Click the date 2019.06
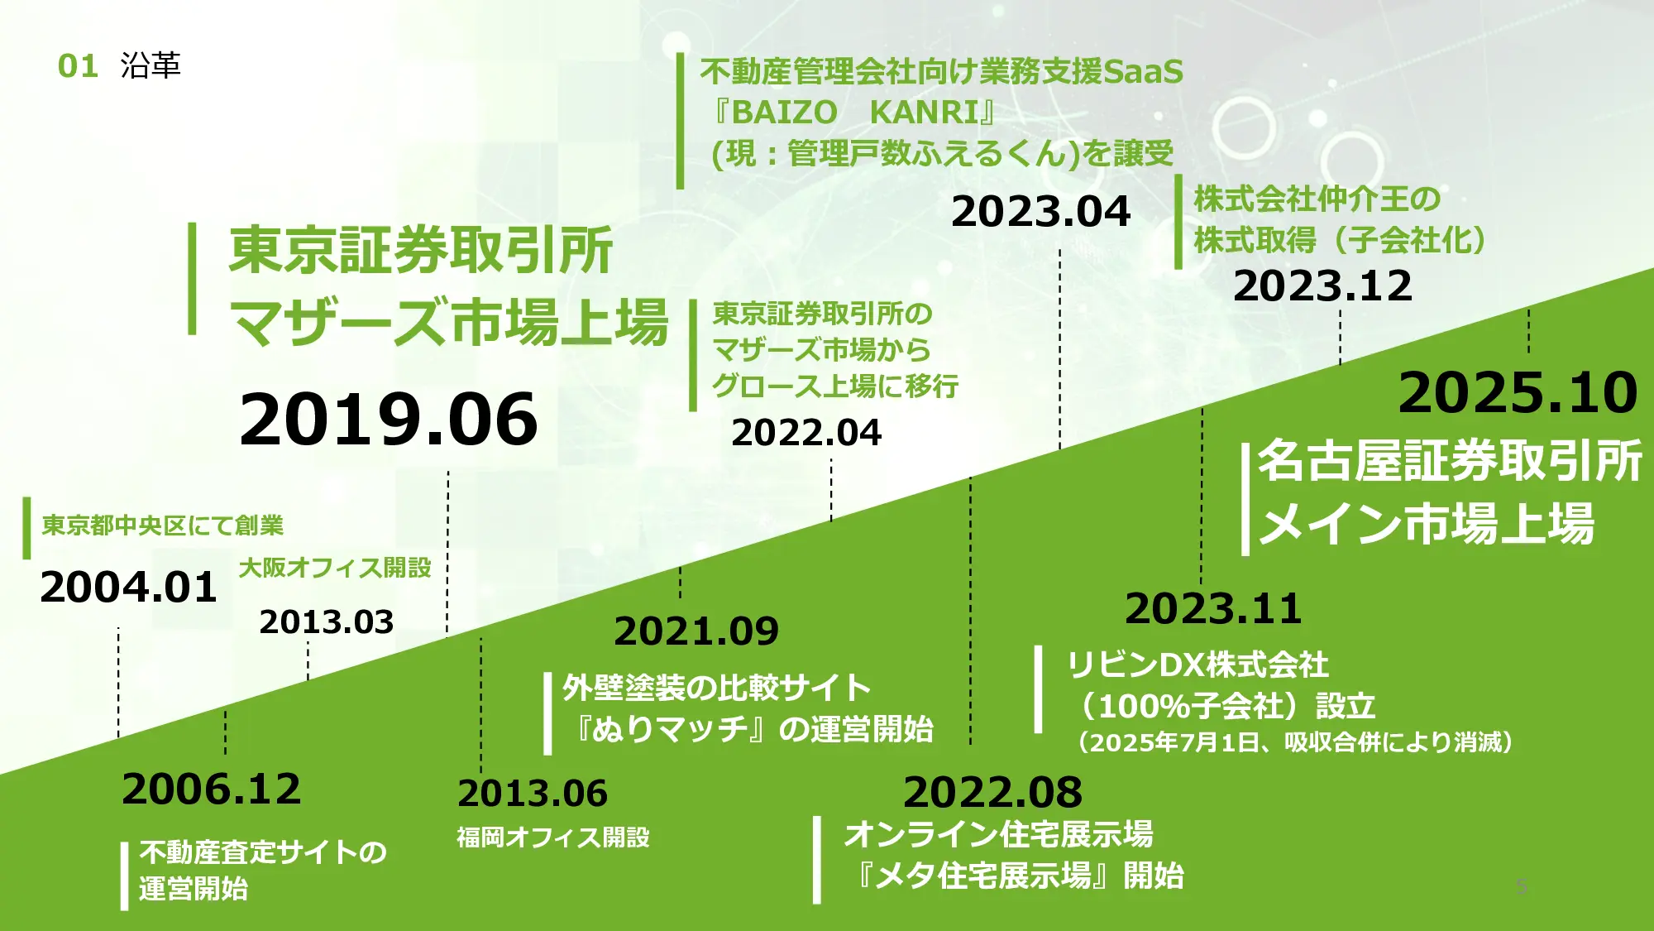[389, 419]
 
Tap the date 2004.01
[128, 588]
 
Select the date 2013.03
[326, 622]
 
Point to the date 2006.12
[211, 789]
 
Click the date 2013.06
[533, 794]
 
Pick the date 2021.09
[696, 631]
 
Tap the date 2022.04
[806, 433]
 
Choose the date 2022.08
[992, 793]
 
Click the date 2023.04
[1040, 212]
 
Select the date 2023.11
[1213, 609]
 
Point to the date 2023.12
[1322, 286]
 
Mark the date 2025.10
[1518, 392]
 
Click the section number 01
[78, 66]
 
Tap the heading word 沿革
[151, 65]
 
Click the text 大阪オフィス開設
[335, 568]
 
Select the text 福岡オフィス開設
[553, 837]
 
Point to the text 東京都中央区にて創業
[163, 525]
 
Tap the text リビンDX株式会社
[1197, 665]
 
